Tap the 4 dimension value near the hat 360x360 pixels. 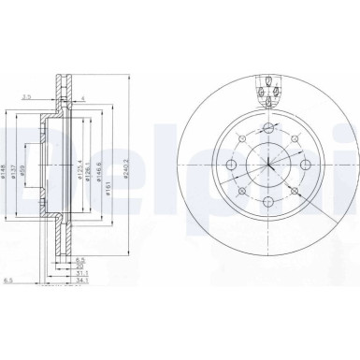(x=81, y=96)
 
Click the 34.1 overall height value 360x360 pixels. (x=83, y=281)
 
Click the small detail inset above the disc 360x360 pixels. (x=268, y=92)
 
